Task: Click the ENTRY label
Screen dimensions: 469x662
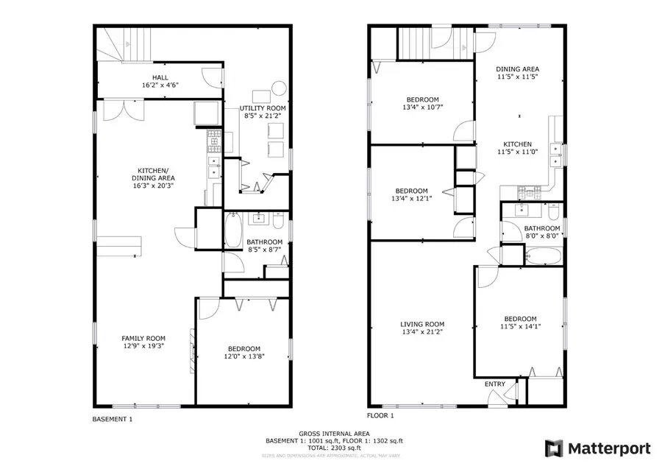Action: click(495, 384)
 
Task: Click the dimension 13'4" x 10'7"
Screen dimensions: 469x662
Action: click(422, 107)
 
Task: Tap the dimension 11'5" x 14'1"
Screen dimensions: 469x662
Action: click(519, 327)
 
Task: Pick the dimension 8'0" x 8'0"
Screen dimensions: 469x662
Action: click(542, 236)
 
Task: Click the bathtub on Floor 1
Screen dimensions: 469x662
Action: click(544, 257)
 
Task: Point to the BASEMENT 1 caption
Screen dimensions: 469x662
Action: click(113, 420)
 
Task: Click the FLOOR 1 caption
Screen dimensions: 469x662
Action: click(381, 415)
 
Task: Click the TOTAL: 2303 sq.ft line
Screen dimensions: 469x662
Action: click(334, 448)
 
